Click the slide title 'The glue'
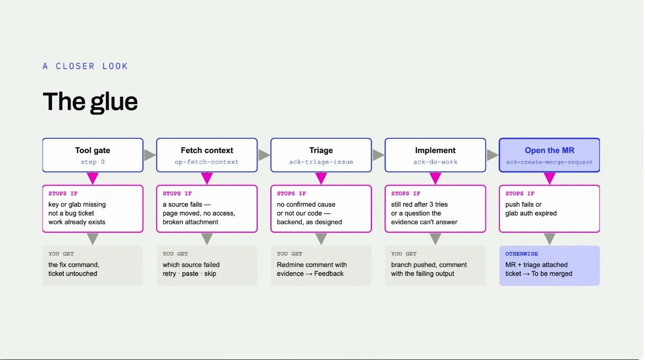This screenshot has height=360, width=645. (x=90, y=102)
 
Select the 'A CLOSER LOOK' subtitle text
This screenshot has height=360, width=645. (x=85, y=66)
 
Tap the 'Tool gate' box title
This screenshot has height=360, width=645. (x=93, y=150)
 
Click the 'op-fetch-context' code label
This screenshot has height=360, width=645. (x=207, y=162)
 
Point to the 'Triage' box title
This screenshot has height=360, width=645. (x=321, y=150)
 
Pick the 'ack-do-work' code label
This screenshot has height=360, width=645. (x=435, y=162)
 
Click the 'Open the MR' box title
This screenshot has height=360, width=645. (x=549, y=150)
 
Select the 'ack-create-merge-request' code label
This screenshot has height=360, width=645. (x=549, y=162)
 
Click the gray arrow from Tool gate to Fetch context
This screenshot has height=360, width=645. (x=150, y=155)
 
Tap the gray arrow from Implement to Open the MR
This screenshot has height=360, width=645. (x=493, y=155)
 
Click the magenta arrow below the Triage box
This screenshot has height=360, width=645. (x=321, y=178)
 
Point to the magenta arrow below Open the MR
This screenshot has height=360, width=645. (x=549, y=178)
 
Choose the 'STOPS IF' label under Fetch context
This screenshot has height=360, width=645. (x=177, y=194)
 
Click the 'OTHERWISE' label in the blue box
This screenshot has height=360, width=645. (x=522, y=254)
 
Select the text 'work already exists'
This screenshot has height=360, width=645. (x=77, y=222)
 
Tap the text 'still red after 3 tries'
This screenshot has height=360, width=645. (x=419, y=205)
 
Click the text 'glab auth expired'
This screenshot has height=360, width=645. (x=531, y=213)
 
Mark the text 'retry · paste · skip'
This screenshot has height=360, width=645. (x=189, y=274)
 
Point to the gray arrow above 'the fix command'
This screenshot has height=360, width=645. (x=93, y=239)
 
